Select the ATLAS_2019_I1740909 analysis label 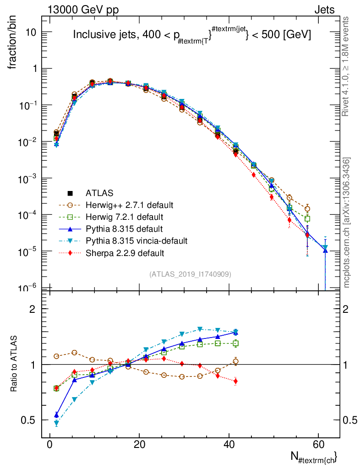190,274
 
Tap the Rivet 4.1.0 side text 346,66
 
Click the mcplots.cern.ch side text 346,223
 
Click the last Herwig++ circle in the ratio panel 235,361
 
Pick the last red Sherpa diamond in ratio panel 235,381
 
